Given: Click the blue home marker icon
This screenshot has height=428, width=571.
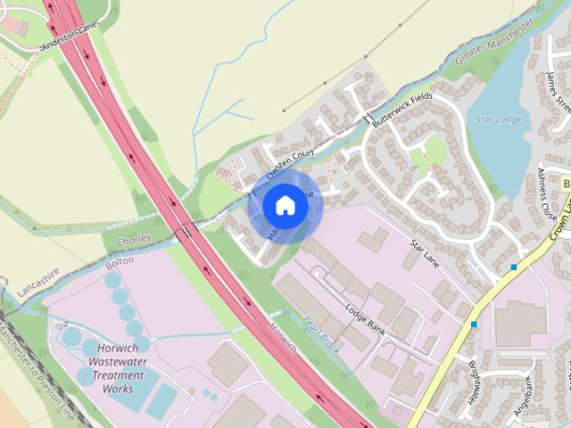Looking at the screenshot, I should (x=285, y=205).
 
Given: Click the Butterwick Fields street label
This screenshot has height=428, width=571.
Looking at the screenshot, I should (x=401, y=112).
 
